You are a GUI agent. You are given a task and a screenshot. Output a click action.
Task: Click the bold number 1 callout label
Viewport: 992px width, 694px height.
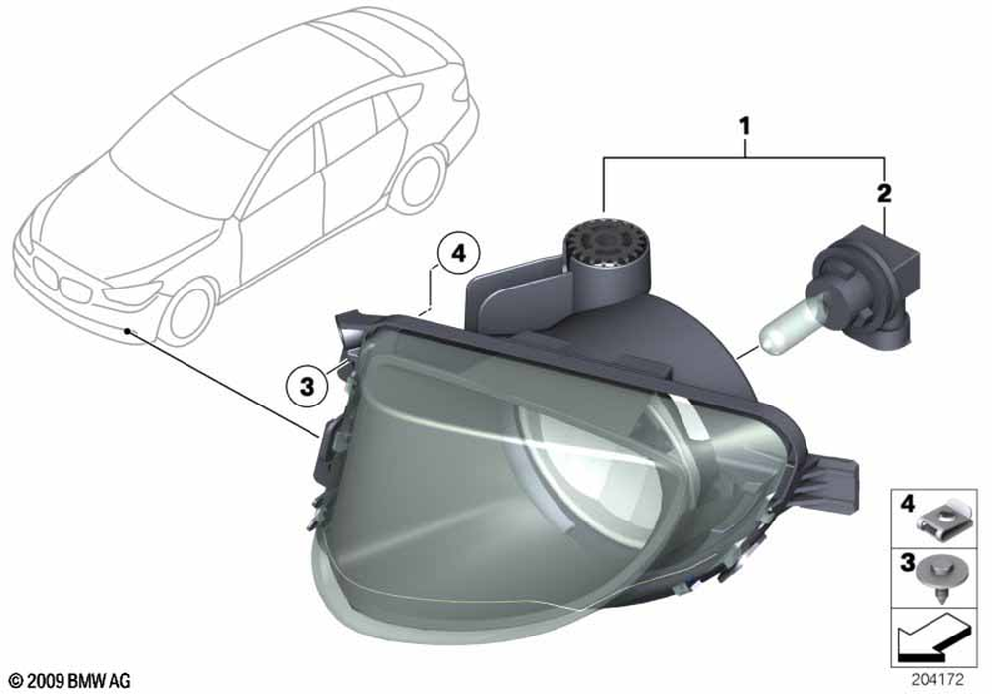(745, 127)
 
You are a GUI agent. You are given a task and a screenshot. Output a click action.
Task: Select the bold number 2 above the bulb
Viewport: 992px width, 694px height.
(884, 193)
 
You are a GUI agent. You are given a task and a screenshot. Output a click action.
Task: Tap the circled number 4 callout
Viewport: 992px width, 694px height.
(458, 254)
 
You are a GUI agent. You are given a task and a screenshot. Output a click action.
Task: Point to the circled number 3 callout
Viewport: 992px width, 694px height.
(307, 385)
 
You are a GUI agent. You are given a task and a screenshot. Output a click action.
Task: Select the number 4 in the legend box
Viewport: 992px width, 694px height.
(908, 504)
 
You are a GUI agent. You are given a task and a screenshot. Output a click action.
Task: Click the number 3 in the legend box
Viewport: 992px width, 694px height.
(908, 563)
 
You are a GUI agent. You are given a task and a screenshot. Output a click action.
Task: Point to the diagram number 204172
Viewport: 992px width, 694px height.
(937, 680)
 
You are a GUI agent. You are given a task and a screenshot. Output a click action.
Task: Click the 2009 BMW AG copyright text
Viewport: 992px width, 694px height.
(70, 681)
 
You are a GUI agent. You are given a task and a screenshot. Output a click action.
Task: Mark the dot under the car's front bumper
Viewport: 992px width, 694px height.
(128, 330)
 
